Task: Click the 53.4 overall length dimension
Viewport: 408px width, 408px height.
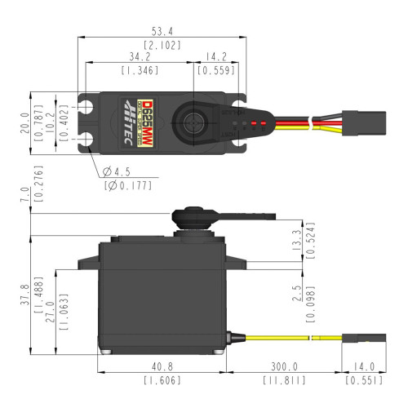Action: (x=167, y=31)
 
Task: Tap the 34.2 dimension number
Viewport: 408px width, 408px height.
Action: (x=139, y=57)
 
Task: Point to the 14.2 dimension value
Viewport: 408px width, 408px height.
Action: (x=216, y=57)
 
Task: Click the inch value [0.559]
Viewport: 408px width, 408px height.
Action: (x=216, y=71)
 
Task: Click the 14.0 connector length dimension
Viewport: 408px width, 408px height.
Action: (x=358, y=366)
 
